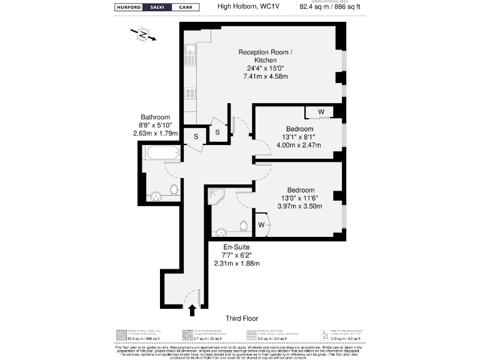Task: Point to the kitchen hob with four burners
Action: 189,94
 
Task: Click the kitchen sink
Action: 189,56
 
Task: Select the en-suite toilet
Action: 244,224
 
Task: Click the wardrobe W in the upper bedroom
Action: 321,112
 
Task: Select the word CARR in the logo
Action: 186,7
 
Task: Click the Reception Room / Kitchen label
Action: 265,56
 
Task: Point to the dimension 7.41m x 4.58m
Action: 265,76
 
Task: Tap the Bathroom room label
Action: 156,117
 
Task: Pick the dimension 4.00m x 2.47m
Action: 299,146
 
